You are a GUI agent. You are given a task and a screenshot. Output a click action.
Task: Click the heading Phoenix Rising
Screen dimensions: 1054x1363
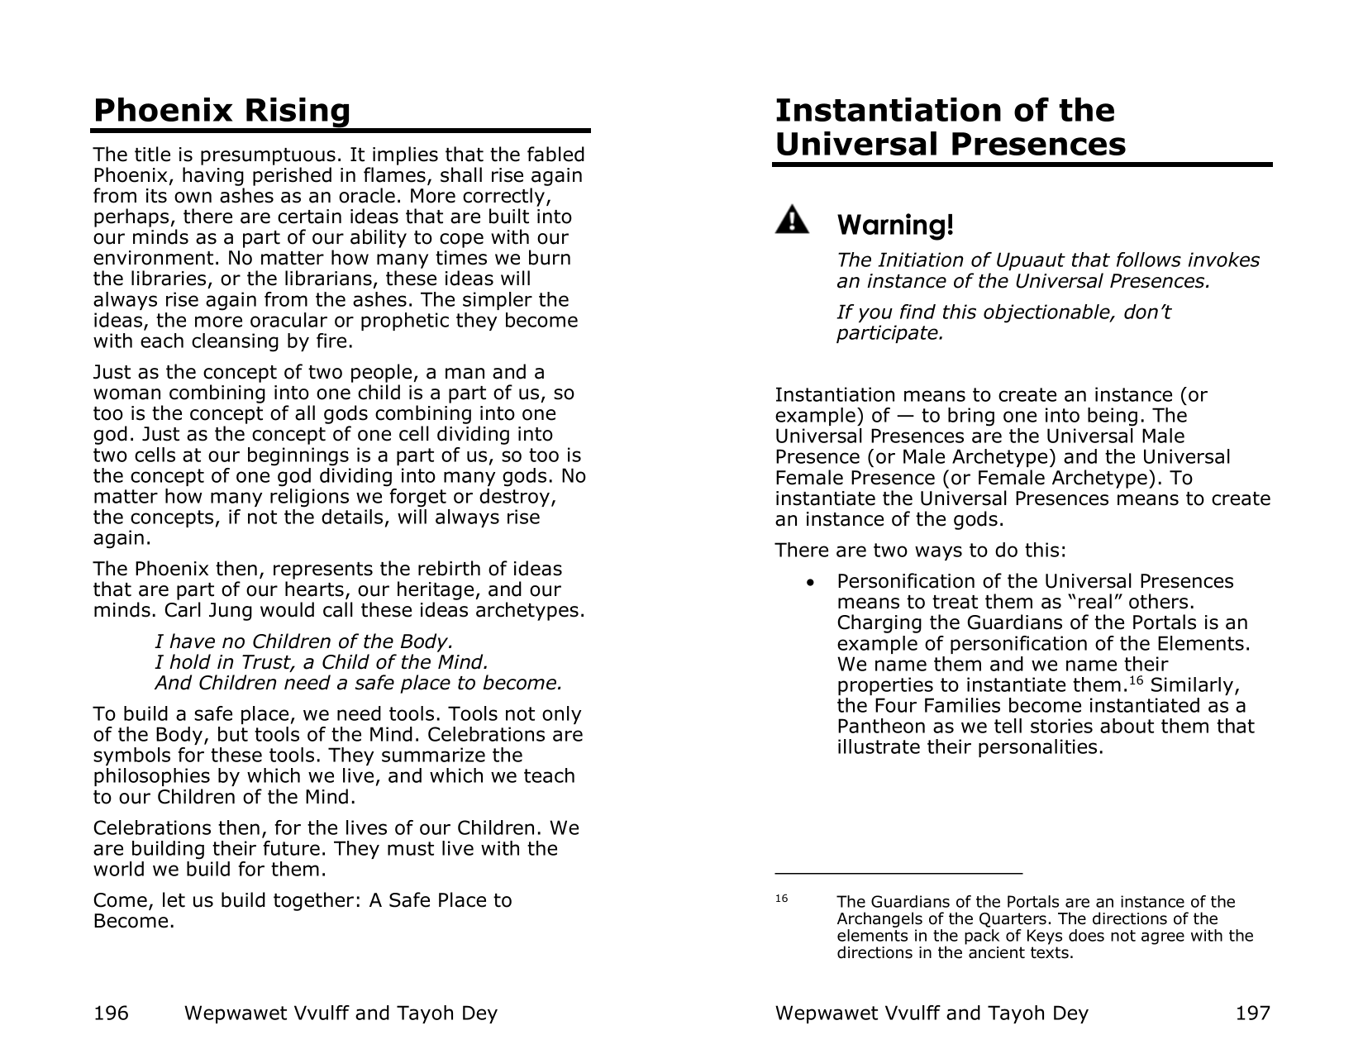point(222,111)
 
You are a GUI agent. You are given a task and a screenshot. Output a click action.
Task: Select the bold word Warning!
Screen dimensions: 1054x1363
point(895,225)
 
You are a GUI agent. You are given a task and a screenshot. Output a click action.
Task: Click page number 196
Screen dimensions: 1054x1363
point(112,1013)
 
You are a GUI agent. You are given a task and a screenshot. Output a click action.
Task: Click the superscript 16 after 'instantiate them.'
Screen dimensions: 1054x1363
point(1135,681)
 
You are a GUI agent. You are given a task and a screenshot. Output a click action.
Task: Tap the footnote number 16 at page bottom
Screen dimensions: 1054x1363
point(782,899)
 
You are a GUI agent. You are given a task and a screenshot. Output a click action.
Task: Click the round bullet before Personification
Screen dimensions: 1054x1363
point(815,583)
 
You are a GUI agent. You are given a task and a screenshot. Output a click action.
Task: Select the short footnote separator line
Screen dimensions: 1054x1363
point(898,872)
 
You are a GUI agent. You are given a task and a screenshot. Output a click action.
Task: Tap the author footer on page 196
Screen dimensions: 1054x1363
point(341,1013)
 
